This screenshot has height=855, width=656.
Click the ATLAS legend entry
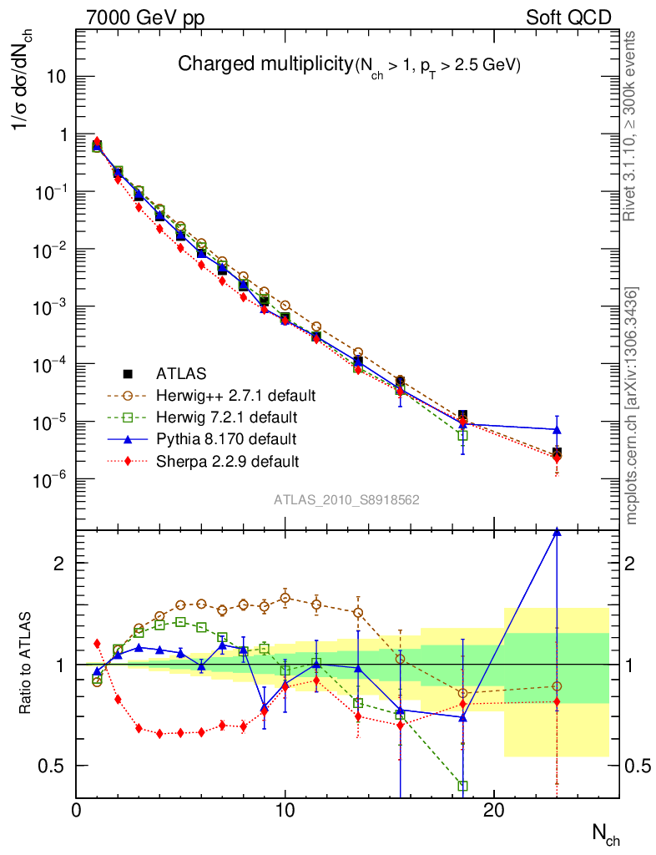(180, 373)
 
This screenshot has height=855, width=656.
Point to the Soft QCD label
(568, 18)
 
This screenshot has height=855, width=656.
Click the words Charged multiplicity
(266, 63)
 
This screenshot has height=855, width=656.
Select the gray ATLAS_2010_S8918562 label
(346, 500)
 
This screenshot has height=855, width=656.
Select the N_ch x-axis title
(606, 832)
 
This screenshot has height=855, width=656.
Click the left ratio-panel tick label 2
(59, 563)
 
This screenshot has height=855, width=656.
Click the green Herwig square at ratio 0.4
(463, 786)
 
